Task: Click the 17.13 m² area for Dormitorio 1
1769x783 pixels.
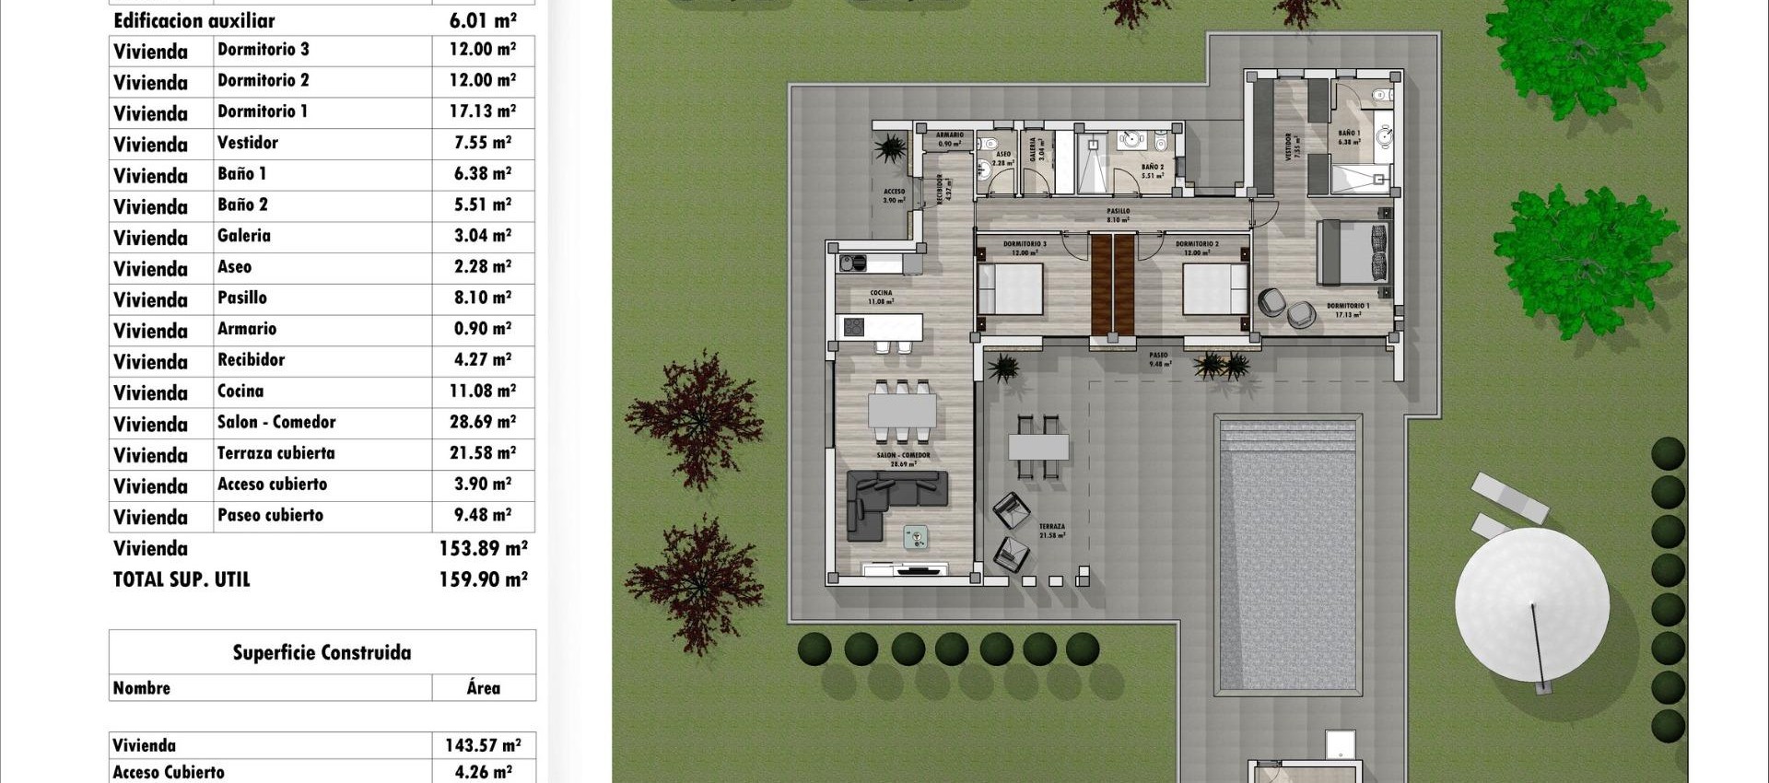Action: pos(482,111)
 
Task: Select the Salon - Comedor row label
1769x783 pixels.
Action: pos(276,423)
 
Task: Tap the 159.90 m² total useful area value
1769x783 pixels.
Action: pos(483,579)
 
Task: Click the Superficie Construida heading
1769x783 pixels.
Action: pos(322,653)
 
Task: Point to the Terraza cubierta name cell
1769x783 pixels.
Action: pos(275,453)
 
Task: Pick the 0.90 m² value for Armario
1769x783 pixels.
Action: pos(482,329)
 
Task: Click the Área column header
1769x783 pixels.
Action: pos(483,688)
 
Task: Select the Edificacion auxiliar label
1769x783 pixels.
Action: pos(194,20)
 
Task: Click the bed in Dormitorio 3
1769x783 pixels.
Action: pos(1011,289)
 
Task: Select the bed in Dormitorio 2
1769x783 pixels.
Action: pos(1214,289)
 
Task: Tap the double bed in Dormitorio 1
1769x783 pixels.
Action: pos(1353,252)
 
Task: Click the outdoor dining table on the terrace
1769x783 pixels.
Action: pos(1038,448)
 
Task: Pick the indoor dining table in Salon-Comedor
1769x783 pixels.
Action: pos(902,410)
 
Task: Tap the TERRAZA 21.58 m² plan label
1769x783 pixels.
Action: pos(1052,531)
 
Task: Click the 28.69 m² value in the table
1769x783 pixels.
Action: pos(482,423)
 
